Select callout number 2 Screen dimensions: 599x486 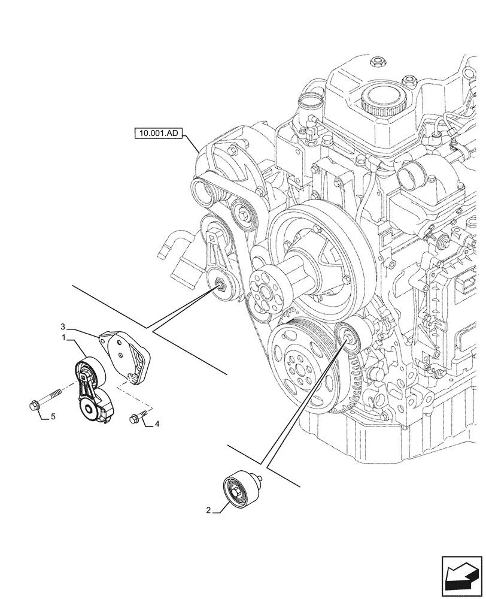208,510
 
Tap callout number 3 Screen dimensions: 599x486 63,327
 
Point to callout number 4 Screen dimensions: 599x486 157,424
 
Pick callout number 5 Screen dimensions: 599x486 53,416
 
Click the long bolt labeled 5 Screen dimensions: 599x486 45,401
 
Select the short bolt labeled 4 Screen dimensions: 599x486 138,417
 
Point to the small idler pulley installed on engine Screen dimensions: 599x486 347,336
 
